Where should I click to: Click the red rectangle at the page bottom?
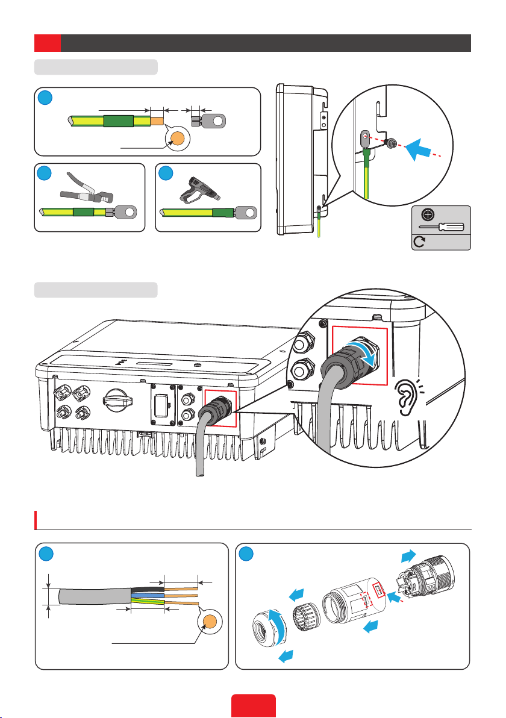click(x=254, y=706)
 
